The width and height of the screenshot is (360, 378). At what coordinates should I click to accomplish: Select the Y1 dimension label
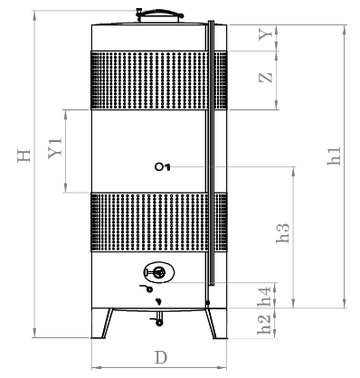(54, 150)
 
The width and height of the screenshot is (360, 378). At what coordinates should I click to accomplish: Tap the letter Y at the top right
(263, 35)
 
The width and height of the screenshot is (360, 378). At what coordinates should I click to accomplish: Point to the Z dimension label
(263, 78)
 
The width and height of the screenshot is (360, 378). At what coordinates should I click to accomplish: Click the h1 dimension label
(334, 156)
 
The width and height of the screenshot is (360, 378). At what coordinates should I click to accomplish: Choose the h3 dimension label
(283, 234)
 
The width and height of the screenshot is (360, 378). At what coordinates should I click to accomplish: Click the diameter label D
(159, 355)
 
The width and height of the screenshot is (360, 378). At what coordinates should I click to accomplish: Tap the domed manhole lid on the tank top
(159, 14)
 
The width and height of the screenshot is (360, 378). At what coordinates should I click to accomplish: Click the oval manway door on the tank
(158, 271)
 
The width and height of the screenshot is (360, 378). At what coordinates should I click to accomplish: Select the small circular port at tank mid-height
(159, 165)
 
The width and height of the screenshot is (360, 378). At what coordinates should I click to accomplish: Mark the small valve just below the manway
(145, 288)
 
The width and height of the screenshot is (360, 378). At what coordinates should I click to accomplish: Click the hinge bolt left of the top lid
(137, 14)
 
